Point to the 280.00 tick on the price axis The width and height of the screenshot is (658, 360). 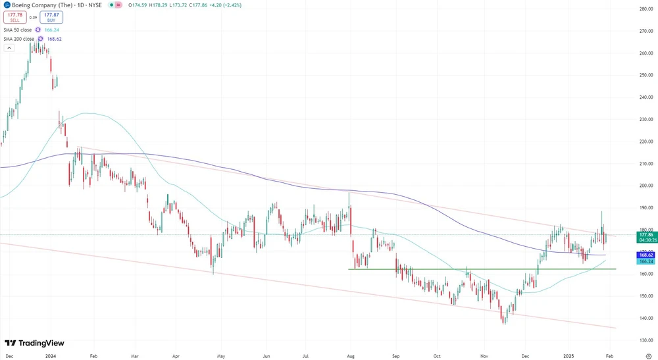coord(645,9)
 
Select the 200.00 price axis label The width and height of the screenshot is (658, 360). coord(645,186)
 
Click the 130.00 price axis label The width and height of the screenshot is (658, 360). coord(645,340)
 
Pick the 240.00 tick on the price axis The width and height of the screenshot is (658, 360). coord(645,97)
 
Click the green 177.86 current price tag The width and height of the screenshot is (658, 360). coord(645,234)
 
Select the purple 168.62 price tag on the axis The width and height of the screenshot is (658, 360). coord(645,255)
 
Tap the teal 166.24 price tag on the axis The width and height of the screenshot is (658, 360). coord(645,261)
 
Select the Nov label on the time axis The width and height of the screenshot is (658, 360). coord(483,355)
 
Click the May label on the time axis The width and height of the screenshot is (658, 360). coord(221,355)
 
